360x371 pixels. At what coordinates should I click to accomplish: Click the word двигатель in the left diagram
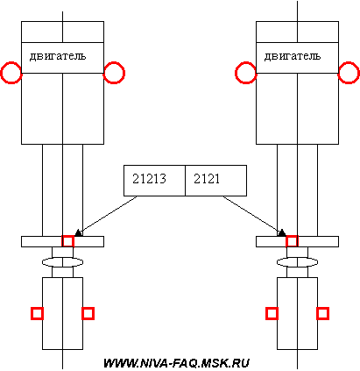point(58,56)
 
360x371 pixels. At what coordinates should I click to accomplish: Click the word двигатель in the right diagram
point(293,56)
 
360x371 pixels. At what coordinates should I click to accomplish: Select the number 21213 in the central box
point(149,179)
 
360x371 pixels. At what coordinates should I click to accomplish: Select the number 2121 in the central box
point(207,179)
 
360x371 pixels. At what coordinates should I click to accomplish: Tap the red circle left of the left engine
point(2,73)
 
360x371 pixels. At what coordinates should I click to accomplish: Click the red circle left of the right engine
point(236,73)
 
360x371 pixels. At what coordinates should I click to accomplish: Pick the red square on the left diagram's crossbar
point(62,241)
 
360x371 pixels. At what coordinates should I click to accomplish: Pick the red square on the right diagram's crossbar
point(287,241)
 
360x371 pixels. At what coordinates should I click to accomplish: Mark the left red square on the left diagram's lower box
point(32,314)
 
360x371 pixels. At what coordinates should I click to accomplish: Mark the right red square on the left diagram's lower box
point(82,314)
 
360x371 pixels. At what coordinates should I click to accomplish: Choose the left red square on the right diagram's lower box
point(267,314)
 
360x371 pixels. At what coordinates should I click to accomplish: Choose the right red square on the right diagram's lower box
point(318,314)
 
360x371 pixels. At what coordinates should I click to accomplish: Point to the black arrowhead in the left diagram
point(78,233)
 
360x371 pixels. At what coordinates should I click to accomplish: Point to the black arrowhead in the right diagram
point(281,233)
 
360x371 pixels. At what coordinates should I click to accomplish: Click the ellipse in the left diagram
point(43,262)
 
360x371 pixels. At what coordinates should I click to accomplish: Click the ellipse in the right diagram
point(278,262)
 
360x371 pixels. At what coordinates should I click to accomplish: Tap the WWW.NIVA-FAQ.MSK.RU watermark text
point(176,363)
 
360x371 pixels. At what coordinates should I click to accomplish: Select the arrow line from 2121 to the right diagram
point(252,216)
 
